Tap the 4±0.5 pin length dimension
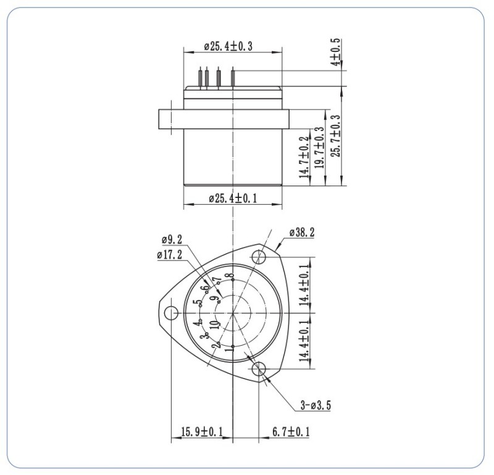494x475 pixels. pyautogui.click(x=337, y=52)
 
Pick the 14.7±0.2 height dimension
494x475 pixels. pyautogui.click(x=304, y=157)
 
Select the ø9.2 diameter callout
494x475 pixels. pyautogui.click(x=171, y=238)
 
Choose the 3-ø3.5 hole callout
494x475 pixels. pyautogui.click(x=316, y=406)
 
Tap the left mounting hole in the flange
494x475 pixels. pyautogui.click(x=170, y=313)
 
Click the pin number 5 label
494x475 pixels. pyautogui.click(x=196, y=303)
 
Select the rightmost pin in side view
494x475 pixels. pyautogui.click(x=232, y=79)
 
